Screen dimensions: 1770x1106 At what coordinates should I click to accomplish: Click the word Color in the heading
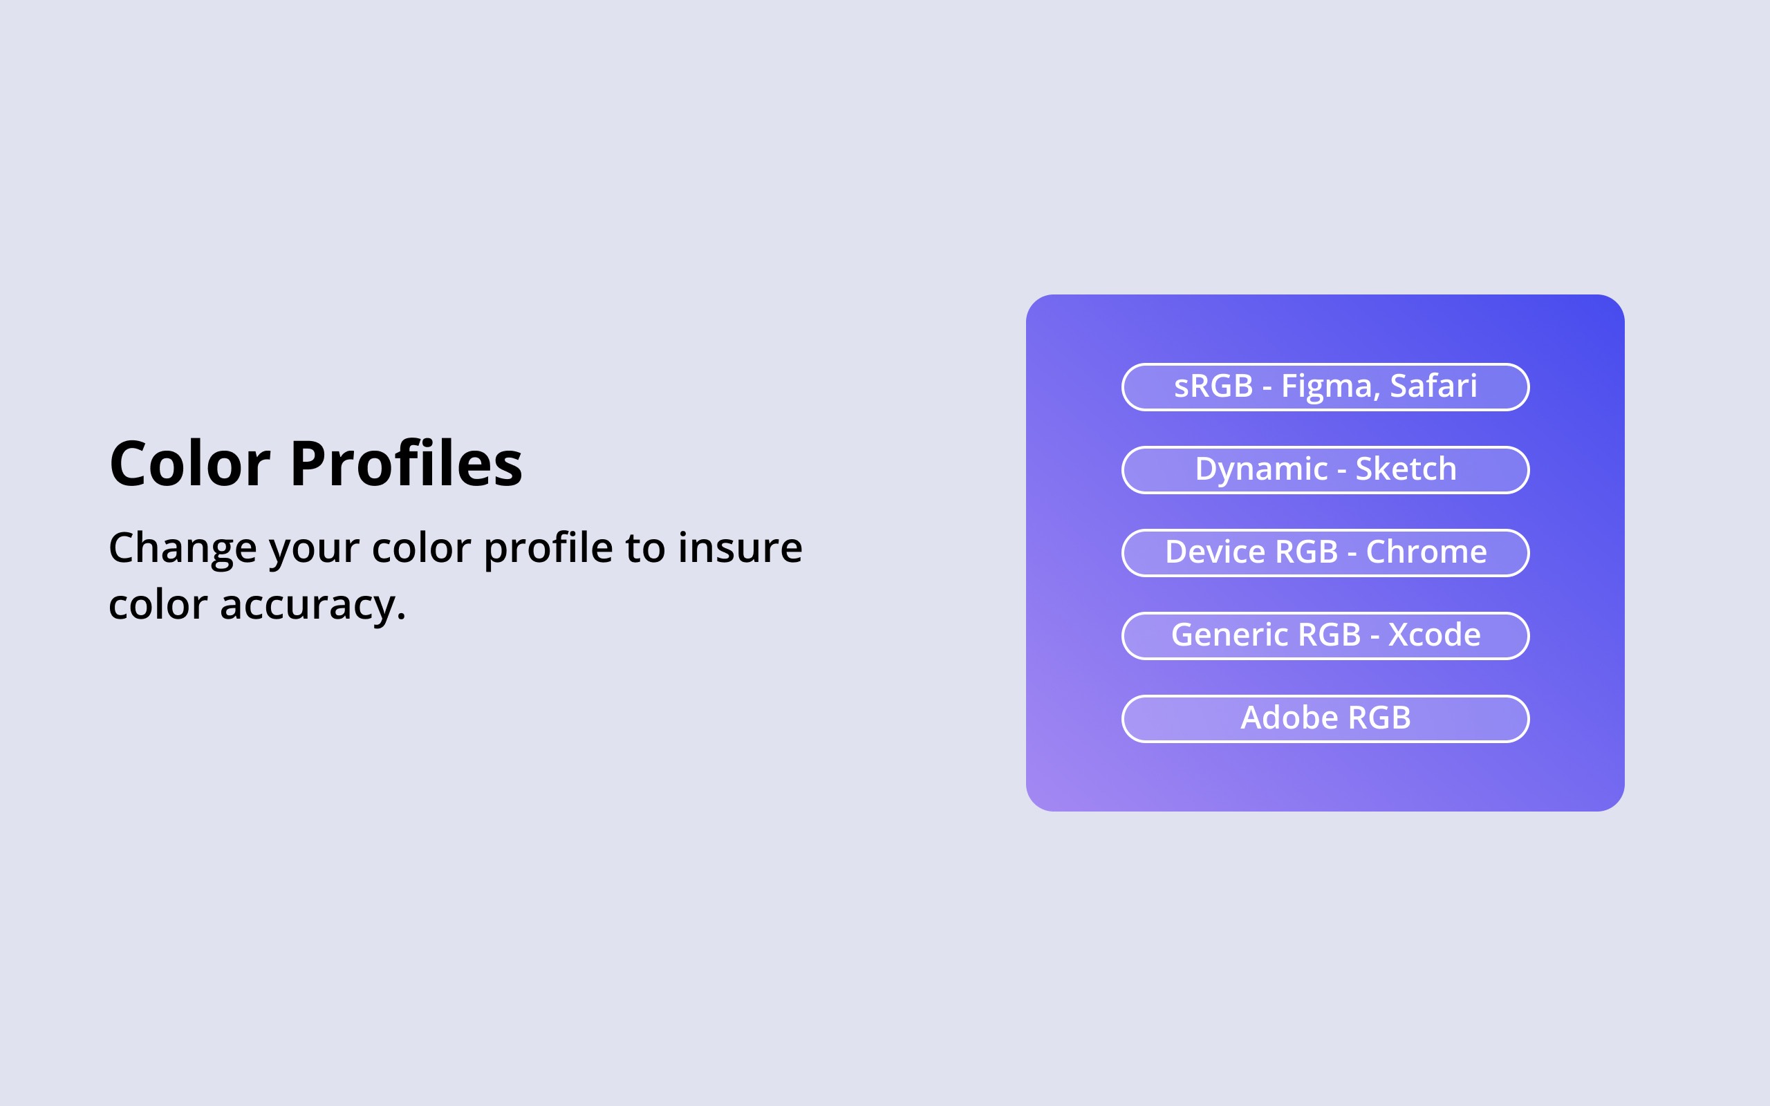(190, 464)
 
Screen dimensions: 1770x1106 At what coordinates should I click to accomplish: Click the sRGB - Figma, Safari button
(1325, 387)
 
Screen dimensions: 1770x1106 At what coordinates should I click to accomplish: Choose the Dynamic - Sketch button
(1325, 469)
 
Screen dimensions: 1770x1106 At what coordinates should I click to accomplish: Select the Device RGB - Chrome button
(1325, 553)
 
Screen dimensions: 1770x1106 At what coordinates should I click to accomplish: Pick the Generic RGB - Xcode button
(1325, 636)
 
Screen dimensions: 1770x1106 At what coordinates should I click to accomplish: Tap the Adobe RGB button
(1325, 718)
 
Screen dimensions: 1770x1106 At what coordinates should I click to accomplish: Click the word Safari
(1433, 386)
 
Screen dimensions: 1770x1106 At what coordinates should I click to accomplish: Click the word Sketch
(1406, 468)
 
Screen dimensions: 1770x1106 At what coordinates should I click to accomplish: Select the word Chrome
(1426, 552)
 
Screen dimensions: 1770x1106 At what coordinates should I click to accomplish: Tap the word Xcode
(1434, 634)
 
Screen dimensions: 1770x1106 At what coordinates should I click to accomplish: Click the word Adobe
(1289, 717)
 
